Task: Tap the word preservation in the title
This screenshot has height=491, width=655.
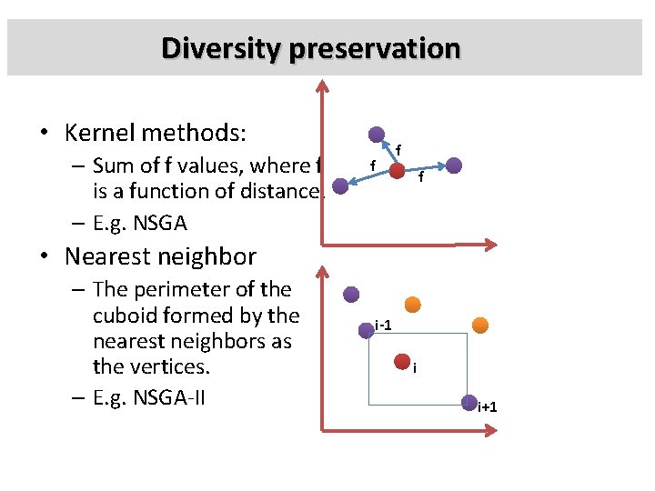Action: pyautogui.click(x=375, y=47)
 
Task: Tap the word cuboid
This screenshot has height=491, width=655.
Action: pyautogui.click(x=126, y=316)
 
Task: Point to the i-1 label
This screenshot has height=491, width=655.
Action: pyautogui.click(x=383, y=325)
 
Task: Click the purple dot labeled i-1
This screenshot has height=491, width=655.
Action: pyautogui.click(x=367, y=329)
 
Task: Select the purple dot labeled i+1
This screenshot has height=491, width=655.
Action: pyautogui.click(x=469, y=402)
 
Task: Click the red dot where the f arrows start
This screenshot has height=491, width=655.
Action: pyautogui.click(x=398, y=170)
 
